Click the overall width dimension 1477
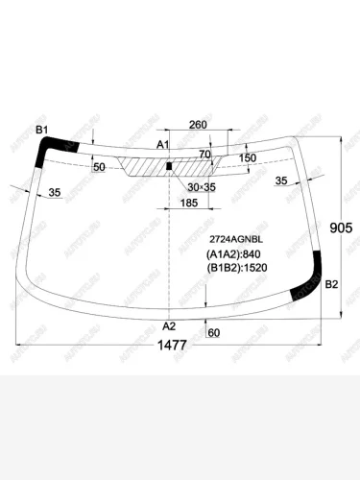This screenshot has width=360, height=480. coord(172,346)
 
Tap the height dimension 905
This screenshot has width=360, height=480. coord(341,228)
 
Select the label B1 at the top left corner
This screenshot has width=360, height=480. coord(41,130)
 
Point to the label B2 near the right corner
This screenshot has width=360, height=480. coord(331,284)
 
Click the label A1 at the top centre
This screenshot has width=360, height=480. coord(162,145)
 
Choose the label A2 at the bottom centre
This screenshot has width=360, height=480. coord(169,326)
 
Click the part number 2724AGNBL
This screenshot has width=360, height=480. coord(236,239)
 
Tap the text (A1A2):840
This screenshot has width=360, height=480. coord(233,254)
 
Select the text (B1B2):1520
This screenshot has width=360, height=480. coord(237,268)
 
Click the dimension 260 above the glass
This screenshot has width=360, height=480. coord(198,125)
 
